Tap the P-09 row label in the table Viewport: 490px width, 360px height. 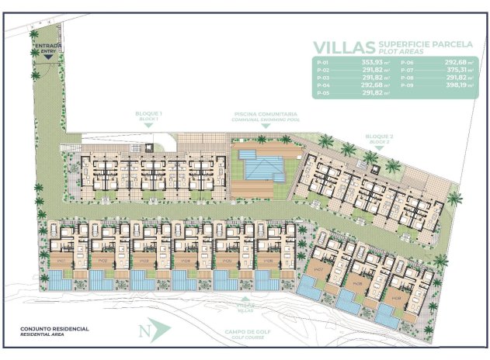[x=407, y=85]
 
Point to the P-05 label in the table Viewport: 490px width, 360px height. [x=324, y=93]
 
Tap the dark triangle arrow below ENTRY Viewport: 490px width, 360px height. [x=50, y=57]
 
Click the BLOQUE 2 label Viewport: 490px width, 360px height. [x=380, y=137]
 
